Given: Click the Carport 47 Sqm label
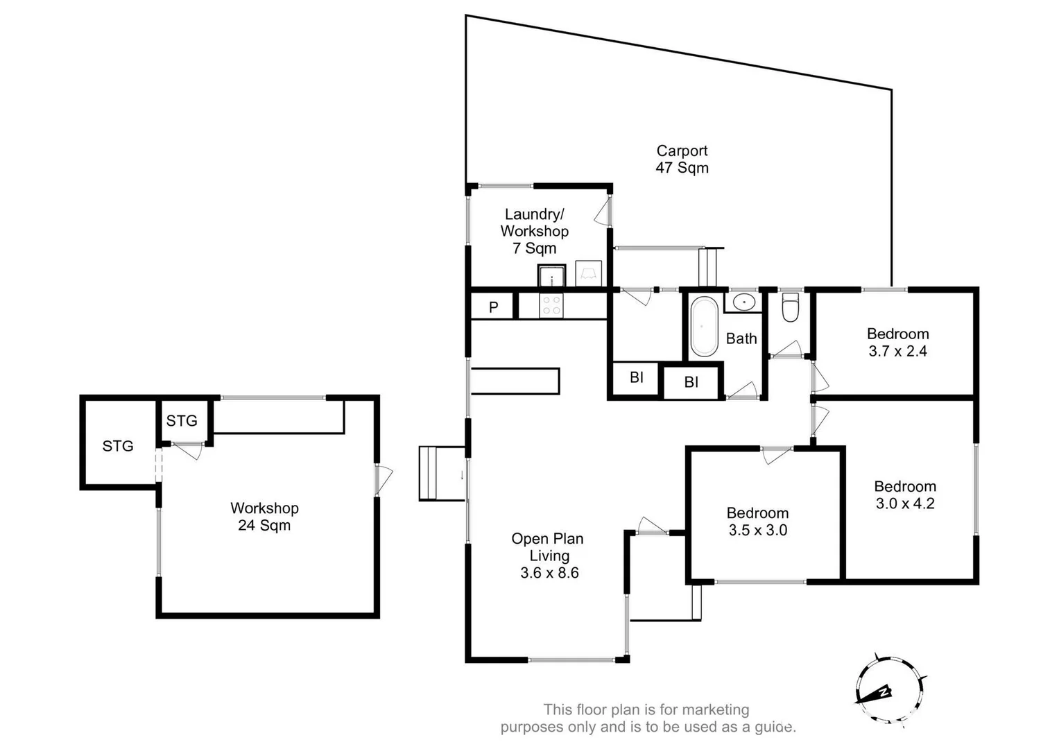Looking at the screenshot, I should pos(682,159).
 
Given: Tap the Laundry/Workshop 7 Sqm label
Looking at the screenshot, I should pos(534,231).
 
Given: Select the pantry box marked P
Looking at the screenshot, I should pos(493,307).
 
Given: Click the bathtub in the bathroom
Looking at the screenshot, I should pos(703,326).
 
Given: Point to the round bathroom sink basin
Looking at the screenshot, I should pos(743,302).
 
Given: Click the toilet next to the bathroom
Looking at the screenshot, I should pos(790,307).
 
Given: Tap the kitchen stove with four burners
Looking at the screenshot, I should pos(551,306).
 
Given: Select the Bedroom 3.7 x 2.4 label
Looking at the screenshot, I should pos(897,342).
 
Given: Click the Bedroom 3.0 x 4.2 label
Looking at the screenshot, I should pos(904,494).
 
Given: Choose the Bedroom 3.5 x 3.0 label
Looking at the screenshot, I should pos(757,522).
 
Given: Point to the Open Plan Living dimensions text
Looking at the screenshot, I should pos(549,573).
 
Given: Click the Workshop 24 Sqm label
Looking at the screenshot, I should pos(264,517).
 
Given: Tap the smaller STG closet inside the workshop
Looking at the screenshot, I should pos(182,421).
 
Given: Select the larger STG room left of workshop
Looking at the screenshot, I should pos(118,446).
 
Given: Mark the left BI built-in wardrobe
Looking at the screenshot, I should pos(636,378).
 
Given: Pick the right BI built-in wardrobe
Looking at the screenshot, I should pos(691,382).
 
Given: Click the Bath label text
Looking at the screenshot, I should pos(741,338).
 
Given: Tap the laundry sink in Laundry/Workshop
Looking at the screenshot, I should pos(552,275).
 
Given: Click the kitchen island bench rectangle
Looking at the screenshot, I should pos(515,381).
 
